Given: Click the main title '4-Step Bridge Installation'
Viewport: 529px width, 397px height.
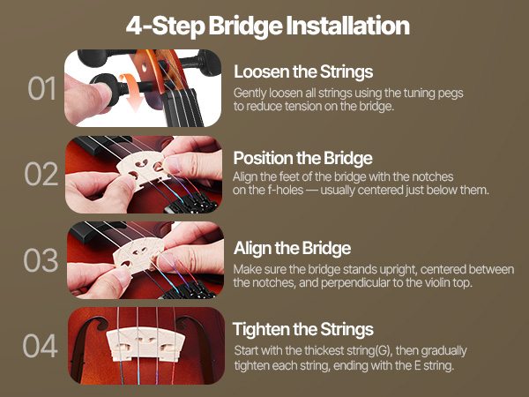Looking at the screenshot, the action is [268, 26].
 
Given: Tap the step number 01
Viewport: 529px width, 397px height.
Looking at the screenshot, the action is [41, 88].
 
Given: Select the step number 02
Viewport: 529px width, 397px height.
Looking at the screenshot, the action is [41, 174].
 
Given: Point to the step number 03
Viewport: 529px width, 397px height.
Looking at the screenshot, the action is [41, 260].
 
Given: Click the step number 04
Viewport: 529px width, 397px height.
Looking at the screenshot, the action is [41, 346].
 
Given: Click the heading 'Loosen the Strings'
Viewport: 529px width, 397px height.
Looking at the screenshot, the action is [303, 71].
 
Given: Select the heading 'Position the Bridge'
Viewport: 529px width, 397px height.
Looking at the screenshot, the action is [302, 158].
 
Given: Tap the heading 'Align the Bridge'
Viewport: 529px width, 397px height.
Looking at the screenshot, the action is [292, 248].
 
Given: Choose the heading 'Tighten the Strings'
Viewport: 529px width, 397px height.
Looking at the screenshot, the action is [303, 329].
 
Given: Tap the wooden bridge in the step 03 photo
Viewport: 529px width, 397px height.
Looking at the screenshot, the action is [138, 255].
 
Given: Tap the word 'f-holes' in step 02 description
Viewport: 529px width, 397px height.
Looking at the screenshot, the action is [286, 190].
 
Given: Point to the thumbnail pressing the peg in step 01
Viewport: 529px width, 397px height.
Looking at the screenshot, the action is [101, 92].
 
